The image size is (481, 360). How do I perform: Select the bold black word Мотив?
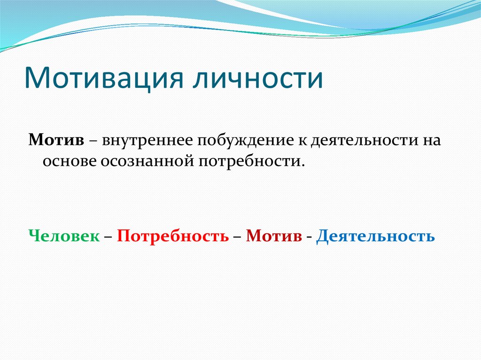(56, 140)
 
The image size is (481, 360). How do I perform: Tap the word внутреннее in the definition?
(145, 140)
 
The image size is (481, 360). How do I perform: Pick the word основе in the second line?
(69, 161)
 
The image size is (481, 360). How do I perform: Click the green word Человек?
(64, 235)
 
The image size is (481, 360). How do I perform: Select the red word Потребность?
(173, 236)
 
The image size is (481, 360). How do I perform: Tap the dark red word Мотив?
(274, 235)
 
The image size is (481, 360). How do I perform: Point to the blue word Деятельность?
(376, 235)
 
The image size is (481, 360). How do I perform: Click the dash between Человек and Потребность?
(108, 236)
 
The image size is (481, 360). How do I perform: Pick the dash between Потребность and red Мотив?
(237, 236)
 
